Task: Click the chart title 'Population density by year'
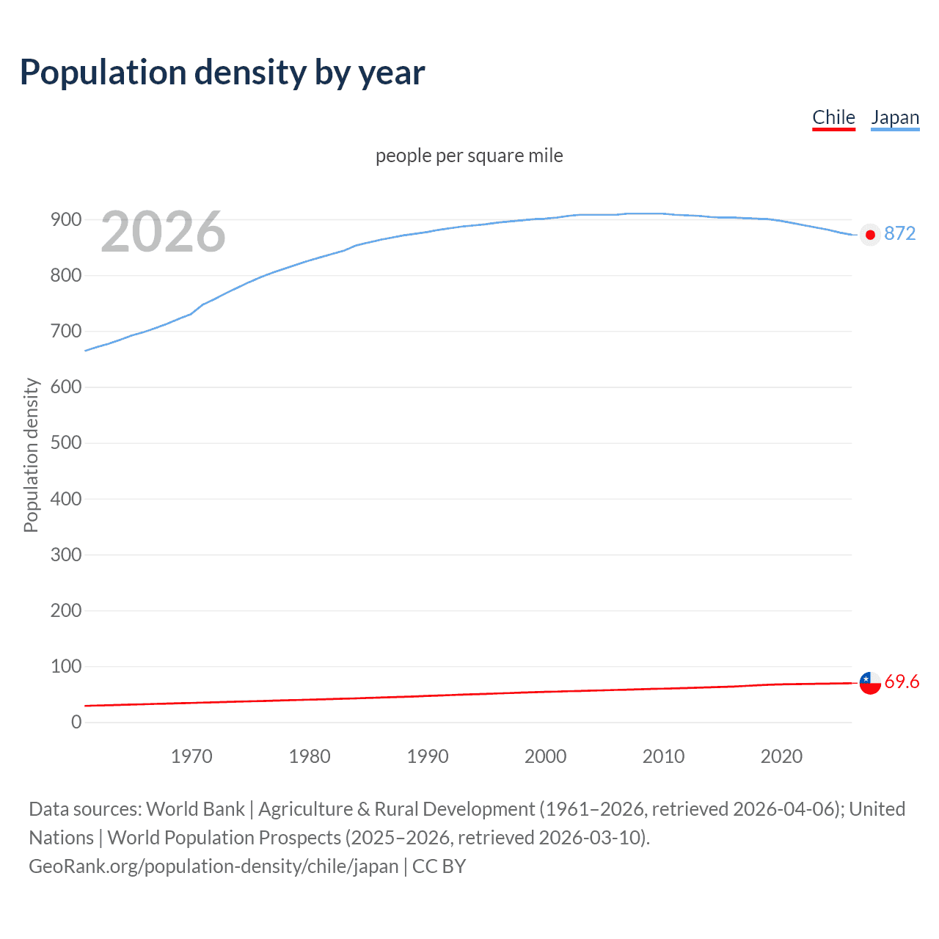click(222, 73)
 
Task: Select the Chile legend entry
click(833, 117)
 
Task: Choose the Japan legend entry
click(895, 117)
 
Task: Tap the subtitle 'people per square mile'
click(469, 156)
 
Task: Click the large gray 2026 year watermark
click(163, 232)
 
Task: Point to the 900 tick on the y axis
click(65, 219)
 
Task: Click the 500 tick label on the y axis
click(65, 443)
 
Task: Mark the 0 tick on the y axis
click(76, 722)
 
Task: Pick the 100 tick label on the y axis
click(65, 666)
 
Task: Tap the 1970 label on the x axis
click(191, 756)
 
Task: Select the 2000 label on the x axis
click(545, 756)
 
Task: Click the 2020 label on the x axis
click(781, 756)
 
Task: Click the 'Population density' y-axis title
click(31, 455)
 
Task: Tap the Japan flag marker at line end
click(870, 235)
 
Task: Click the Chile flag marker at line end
click(870, 683)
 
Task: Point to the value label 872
click(900, 233)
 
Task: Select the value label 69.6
click(902, 682)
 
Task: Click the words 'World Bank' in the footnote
click(195, 808)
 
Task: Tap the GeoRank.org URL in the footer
click(213, 866)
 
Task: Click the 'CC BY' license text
click(439, 866)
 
